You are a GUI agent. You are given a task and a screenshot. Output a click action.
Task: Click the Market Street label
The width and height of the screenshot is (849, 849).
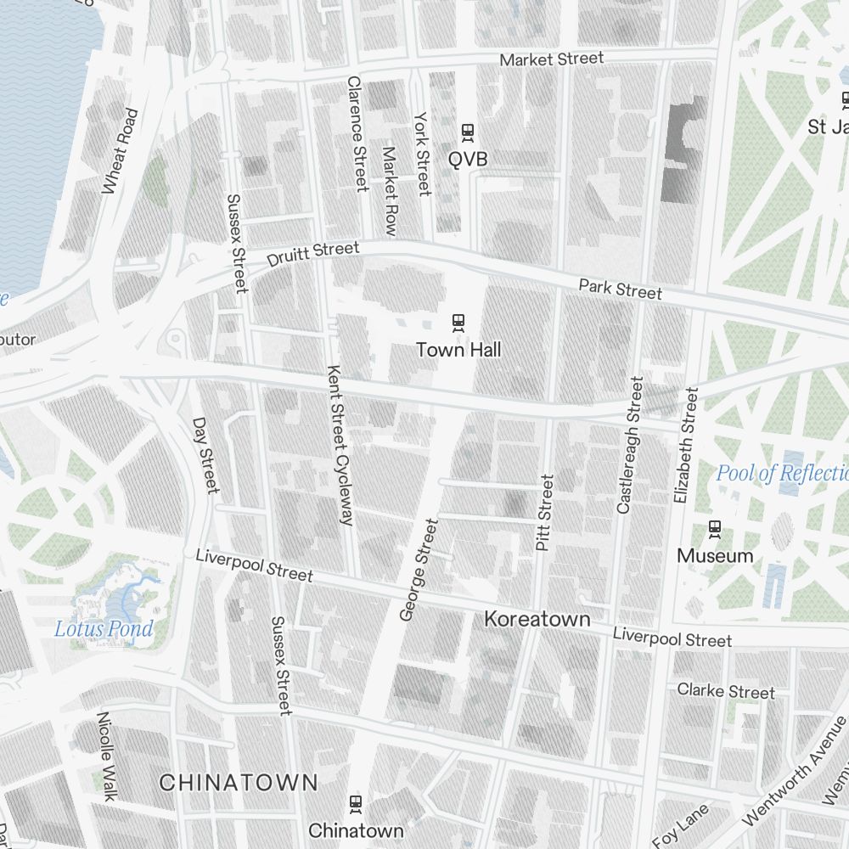pyautogui.click(x=552, y=59)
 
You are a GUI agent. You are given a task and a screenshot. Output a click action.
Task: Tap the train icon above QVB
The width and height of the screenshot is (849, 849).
pyautogui.click(x=467, y=132)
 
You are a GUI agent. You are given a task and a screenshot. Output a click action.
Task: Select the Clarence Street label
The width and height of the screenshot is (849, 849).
pyautogui.click(x=357, y=133)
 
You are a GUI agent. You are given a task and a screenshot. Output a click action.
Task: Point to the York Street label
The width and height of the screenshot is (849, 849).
pyautogui.click(x=422, y=154)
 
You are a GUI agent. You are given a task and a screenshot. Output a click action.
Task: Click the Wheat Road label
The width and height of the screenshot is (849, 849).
pyautogui.click(x=119, y=151)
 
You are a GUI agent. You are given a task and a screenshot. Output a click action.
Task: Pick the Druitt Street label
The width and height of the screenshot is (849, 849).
pyautogui.click(x=313, y=253)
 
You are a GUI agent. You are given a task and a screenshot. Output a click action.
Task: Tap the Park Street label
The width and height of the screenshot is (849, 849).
pyautogui.click(x=620, y=289)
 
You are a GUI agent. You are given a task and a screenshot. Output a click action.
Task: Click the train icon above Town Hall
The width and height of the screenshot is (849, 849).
pyautogui.click(x=458, y=322)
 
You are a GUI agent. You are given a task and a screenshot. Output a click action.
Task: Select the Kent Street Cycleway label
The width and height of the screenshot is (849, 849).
pyautogui.click(x=340, y=446)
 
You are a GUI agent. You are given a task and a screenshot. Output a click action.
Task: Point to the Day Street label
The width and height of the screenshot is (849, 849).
pyautogui.click(x=205, y=454)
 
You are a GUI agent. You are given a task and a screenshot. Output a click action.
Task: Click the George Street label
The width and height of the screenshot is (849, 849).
pyautogui.click(x=419, y=570)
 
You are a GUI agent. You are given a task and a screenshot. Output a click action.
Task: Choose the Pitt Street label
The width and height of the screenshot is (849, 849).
pyautogui.click(x=544, y=513)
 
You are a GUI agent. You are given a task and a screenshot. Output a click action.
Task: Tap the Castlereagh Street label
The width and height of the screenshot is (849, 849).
pyautogui.click(x=630, y=444)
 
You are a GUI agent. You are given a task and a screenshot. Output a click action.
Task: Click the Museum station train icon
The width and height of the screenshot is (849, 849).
pyautogui.click(x=715, y=528)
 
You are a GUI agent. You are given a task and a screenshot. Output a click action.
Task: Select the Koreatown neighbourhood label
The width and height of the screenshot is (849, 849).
pyautogui.click(x=537, y=619)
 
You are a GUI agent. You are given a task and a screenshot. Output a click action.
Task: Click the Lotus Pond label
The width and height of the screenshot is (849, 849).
pyautogui.click(x=104, y=629)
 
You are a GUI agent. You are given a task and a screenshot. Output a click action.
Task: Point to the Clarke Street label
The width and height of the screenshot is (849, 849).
pyautogui.click(x=726, y=691)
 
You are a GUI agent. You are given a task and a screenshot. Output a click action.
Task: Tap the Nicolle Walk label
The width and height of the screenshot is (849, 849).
pyautogui.click(x=107, y=756)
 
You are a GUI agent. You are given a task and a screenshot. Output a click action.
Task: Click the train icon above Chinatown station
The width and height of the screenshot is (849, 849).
pyautogui.click(x=356, y=802)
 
